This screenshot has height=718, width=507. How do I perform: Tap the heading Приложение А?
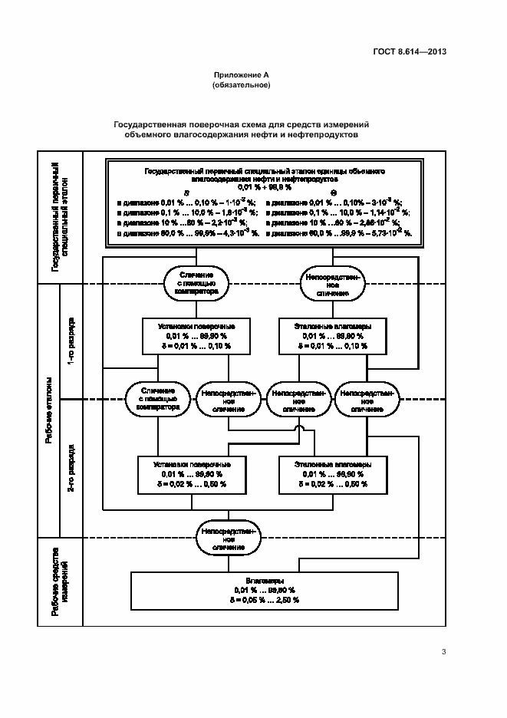pyautogui.click(x=241, y=75)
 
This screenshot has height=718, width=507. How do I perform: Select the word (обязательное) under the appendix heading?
pyautogui.click(x=241, y=85)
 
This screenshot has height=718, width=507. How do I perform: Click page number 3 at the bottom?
pyautogui.click(x=443, y=652)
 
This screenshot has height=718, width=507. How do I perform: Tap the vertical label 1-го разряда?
pyautogui.click(x=71, y=341)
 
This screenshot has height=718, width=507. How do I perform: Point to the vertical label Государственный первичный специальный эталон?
pyautogui.click(x=60, y=216)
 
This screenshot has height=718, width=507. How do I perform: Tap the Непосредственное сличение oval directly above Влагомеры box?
pyautogui.click(x=229, y=539)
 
